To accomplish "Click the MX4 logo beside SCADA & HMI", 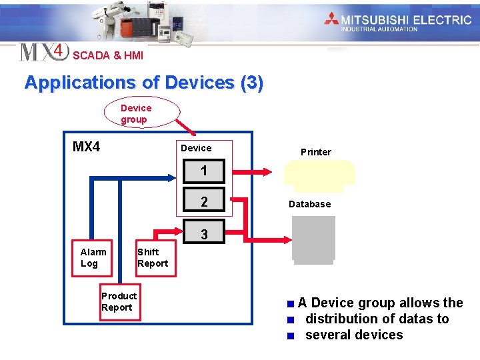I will [44, 52].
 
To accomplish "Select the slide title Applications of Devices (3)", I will [144, 83].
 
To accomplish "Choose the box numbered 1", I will [204, 171].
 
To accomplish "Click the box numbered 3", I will [204, 234].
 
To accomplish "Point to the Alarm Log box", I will [93, 257].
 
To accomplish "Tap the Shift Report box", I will [152, 257].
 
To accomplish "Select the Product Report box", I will [119, 301].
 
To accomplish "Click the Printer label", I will [315, 152].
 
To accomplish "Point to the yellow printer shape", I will [319, 173].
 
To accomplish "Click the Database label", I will [309, 204].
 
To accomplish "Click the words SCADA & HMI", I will [108, 55].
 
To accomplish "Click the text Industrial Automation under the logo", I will [379, 29].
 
